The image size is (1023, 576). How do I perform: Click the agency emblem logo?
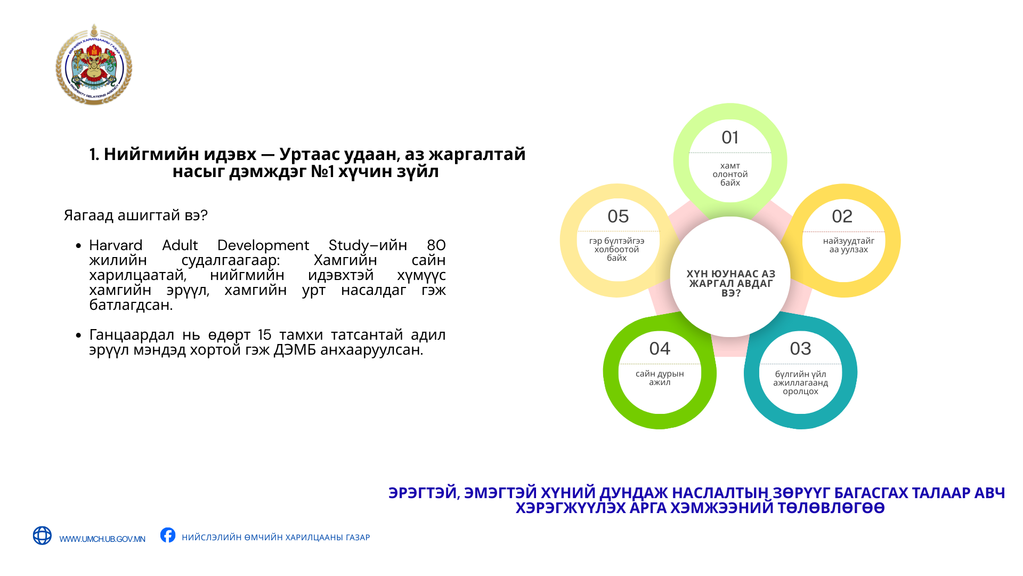94,65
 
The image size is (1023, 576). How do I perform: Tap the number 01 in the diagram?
730,138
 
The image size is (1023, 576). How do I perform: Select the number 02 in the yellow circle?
842,217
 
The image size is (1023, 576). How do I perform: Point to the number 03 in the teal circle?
800,349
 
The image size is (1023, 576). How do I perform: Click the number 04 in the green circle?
660,349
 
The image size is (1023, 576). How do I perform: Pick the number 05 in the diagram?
618,217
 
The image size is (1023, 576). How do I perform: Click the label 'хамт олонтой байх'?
730,174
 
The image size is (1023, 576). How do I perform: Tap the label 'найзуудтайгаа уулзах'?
848,245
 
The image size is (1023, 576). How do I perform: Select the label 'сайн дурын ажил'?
660,378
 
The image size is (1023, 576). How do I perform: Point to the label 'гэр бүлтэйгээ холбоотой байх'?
616,250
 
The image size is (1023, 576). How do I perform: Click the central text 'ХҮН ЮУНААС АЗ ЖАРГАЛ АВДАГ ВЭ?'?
731,283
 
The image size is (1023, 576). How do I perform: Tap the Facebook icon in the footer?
168,535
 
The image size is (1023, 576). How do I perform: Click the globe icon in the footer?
42,535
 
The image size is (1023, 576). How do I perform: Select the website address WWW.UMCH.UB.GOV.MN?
102,539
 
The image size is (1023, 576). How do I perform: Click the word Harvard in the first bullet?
116,245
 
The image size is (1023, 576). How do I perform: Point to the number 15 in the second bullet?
265,335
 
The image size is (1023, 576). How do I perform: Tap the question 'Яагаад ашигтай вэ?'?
135,215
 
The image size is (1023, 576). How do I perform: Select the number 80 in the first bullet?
436,245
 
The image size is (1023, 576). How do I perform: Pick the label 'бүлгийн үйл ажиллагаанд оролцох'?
800,383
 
